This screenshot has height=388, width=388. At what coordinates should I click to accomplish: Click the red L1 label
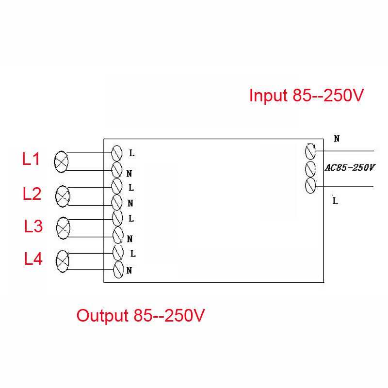coord(31,159)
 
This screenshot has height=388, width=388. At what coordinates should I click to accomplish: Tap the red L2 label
coord(32,194)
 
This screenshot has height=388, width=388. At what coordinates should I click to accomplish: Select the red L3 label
coord(33,226)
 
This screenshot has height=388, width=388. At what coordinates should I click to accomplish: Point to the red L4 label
coord(33,259)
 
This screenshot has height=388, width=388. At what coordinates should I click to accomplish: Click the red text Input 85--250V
coord(307,95)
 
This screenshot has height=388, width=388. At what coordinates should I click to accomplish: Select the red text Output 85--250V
coord(141,316)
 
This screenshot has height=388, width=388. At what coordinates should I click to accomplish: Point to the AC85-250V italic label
coord(350,168)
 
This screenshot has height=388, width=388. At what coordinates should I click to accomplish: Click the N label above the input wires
coord(337,139)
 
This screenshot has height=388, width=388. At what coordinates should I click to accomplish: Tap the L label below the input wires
coord(335,201)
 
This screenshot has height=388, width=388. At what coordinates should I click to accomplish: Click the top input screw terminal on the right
coord(310,151)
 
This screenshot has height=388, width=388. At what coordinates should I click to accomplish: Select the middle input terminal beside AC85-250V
coord(310,169)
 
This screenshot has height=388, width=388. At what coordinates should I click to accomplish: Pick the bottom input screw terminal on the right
coord(310,186)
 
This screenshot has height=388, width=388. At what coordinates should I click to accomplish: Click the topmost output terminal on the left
coord(117,153)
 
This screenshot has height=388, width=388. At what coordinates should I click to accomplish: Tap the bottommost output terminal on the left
coord(118,270)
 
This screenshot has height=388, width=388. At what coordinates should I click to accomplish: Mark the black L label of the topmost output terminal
coord(132,153)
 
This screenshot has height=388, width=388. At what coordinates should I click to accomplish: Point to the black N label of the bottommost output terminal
coord(129,271)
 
